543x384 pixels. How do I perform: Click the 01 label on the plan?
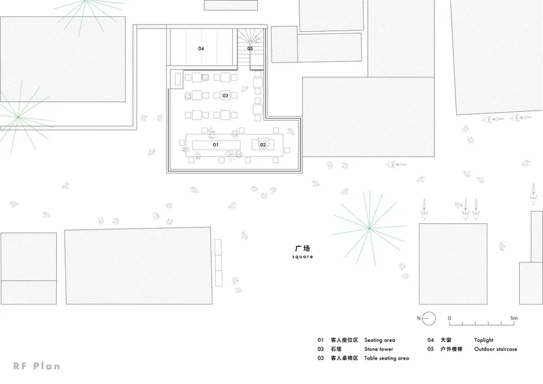[215, 145]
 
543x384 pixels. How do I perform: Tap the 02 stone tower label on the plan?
[263, 145]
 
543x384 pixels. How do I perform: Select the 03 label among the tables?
[225, 96]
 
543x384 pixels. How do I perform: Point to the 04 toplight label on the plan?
[201, 48]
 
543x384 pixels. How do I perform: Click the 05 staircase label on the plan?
[250, 48]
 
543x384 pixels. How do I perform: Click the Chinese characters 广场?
[302, 248]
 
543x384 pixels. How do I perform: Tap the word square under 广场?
[303, 256]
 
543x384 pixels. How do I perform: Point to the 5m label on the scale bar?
[514, 318]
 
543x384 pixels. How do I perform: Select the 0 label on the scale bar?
[449, 318]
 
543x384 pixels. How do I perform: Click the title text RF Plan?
[37, 366]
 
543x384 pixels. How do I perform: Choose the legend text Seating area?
[379, 340]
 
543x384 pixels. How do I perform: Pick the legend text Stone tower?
[379, 349]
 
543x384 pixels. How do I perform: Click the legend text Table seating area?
[386, 358]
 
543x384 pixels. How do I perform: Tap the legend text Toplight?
[483, 340]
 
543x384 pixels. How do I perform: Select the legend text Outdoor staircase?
[495, 349]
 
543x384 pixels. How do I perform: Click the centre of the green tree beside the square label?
[369, 228]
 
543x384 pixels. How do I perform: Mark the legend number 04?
[430, 340]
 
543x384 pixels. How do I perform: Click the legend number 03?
[320, 358]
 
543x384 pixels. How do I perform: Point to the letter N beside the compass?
[419, 318]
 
